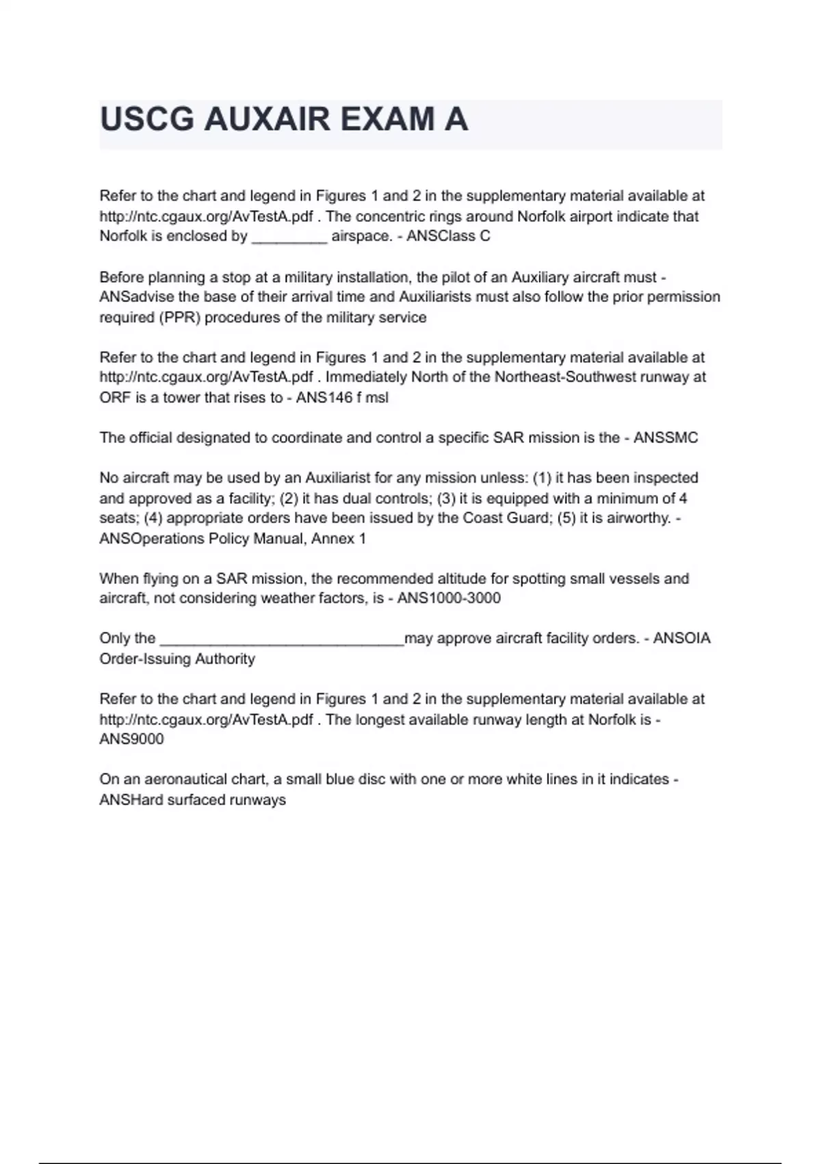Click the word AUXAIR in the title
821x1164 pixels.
(268, 119)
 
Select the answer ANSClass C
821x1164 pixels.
(448, 236)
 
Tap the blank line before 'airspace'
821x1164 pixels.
(289, 238)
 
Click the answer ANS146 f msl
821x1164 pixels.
(342, 398)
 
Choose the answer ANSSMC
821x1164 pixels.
(666, 438)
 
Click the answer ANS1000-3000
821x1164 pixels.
(449, 598)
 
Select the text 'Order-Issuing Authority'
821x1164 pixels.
(177, 659)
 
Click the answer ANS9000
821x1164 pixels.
(131, 739)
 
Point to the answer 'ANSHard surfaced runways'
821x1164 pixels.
(192, 800)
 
